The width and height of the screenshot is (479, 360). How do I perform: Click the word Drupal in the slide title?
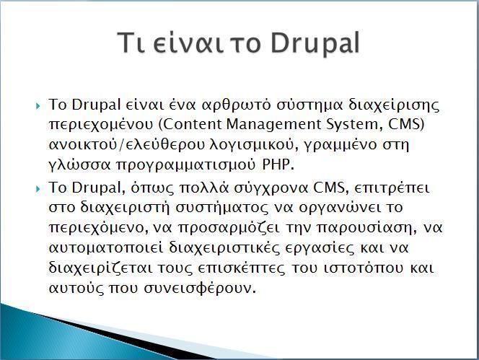click(x=315, y=43)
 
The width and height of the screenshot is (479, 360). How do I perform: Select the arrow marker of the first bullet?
click(x=38, y=106)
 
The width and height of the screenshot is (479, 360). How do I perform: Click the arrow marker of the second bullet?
click(x=38, y=189)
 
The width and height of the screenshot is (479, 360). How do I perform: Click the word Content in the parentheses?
click(x=193, y=124)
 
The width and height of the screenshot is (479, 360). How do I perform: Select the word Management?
click(x=273, y=126)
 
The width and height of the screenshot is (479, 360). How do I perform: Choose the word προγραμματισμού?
click(x=185, y=166)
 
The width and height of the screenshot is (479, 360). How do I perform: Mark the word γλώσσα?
click(x=79, y=166)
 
